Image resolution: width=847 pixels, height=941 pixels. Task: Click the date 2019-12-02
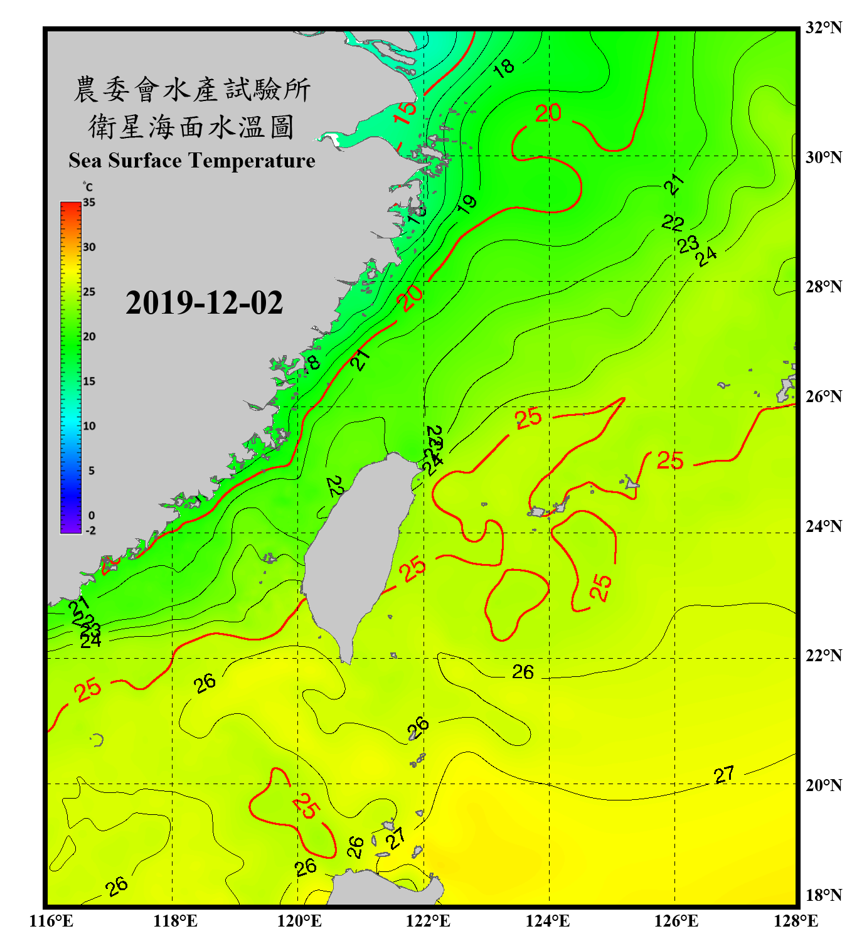pyautogui.click(x=204, y=302)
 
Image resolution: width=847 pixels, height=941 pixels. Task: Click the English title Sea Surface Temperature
pyautogui.click(x=192, y=161)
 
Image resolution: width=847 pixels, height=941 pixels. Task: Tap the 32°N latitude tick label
pyautogui.click(x=823, y=28)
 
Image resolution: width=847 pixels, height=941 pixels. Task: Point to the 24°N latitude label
pyautogui.click(x=823, y=526)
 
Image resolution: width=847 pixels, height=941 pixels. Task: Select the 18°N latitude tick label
pyautogui.click(x=823, y=895)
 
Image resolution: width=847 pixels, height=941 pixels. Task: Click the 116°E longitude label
pyautogui.click(x=51, y=921)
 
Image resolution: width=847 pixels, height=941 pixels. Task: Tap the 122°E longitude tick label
pyautogui.click(x=428, y=921)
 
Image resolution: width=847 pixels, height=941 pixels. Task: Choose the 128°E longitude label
pyautogui.click(x=796, y=921)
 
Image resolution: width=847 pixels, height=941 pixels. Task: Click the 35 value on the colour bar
pyautogui.click(x=89, y=203)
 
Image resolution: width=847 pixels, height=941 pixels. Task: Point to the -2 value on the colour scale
pyautogui.click(x=90, y=530)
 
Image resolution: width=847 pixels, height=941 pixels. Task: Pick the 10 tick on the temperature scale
pyautogui.click(x=89, y=426)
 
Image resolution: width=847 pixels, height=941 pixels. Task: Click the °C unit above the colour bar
pyautogui.click(x=87, y=187)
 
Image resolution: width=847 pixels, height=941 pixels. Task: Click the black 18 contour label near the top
pyautogui.click(x=503, y=67)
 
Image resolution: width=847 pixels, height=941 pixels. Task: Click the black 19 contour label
pyautogui.click(x=467, y=204)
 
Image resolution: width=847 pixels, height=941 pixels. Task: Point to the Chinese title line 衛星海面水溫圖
pyautogui.click(x=191, y=127)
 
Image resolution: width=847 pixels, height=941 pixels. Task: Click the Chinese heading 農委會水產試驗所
pyautogui.click(x=191, y=90)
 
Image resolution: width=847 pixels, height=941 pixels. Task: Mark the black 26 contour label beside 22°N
pyautogui.click(x=522, y=672)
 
